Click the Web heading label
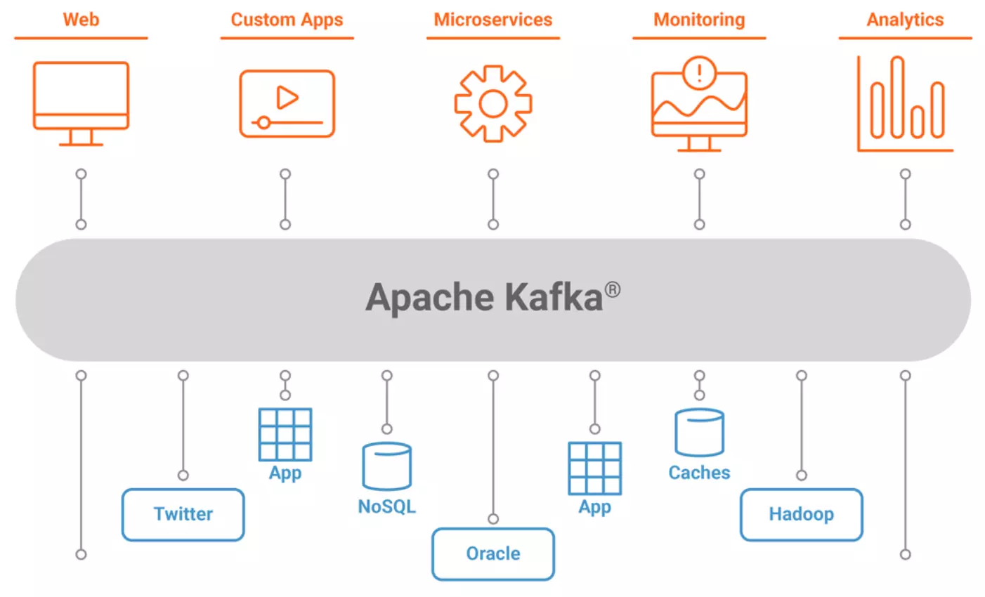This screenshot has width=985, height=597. tap(81, 20)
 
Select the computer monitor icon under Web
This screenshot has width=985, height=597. tap(81, 103)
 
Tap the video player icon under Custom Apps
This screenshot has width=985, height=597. tap(287, 103)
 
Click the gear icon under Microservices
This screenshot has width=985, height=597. tap(493, 104)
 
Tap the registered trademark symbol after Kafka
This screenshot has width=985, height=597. tap(613, 289)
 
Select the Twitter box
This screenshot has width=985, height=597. tap(183, 515)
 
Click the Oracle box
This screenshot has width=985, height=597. tap(493, 554)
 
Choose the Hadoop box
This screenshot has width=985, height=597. tap(801, 515)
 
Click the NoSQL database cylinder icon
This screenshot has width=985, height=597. tap(386, 466)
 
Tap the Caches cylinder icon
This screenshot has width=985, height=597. tap(699, 433)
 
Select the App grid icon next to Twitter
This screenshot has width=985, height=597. tap(285, 434)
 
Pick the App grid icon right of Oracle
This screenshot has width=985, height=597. tap(594, 468)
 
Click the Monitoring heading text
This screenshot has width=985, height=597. tap(699, 20)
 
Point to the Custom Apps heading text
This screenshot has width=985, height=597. tap(287, 20)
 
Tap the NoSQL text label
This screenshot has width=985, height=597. tap(386, 506)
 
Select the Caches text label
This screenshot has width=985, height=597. tap(699, 473)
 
